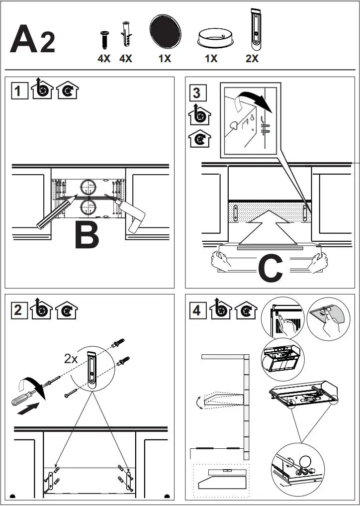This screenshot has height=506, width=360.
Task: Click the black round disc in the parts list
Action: (165, 31)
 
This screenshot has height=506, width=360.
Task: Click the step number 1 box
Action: (19, 92)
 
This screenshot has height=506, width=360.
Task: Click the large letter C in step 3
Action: (271, 268)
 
